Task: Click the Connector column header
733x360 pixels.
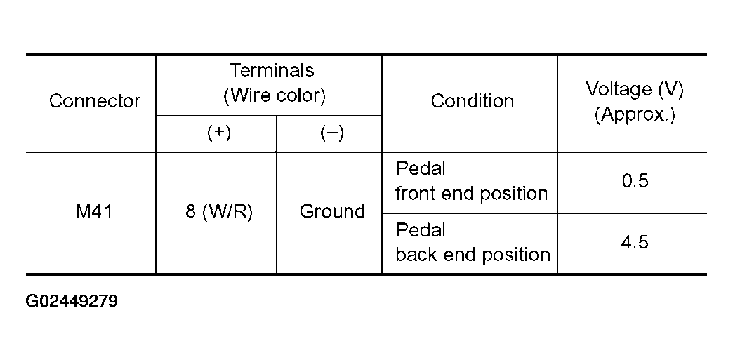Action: point(95,100)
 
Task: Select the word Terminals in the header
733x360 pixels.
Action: point(272,71)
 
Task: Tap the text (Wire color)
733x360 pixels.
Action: point(275,96)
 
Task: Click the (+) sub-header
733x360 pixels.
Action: point(219,133)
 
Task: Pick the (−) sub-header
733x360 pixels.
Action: point(332,133)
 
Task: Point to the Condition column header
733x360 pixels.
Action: point(472,100)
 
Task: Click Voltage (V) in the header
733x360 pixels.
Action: point(635,89)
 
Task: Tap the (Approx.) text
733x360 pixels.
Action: point(635,114)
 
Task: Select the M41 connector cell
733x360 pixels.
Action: point(94,212)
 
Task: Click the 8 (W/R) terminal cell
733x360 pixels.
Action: point(219,212)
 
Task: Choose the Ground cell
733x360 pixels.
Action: point(332,212)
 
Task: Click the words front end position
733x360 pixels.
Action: point(471,194)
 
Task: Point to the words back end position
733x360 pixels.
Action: point(473,254)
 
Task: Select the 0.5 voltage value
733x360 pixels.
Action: point(635,181)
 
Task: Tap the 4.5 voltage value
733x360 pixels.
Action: point(635,243)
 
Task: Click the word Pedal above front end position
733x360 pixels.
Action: point(421,169)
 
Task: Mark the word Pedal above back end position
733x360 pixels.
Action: point(421,230)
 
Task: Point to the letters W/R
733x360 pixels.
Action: point(227,212)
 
